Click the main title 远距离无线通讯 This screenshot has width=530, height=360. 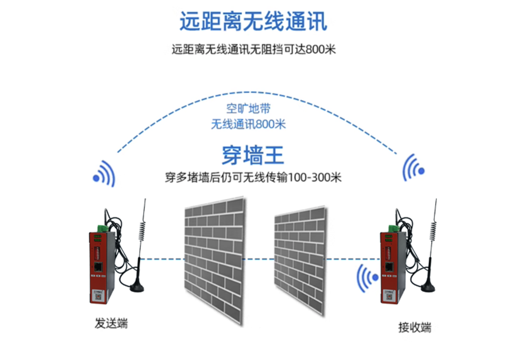coord(253,21)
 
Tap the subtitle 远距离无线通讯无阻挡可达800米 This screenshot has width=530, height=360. coord(253,49)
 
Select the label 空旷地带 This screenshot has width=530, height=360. coord(249,109)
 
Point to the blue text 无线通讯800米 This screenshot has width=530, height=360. coord(249,124)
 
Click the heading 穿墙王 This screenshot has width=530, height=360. coord(253,155)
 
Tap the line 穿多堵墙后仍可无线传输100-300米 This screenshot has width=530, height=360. coord(253,177)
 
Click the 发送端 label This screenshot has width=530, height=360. coord(111,323)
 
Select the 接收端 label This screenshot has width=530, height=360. coord(415,327)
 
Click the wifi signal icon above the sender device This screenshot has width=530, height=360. coord(104,174)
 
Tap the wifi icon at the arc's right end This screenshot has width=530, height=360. coord(413,168)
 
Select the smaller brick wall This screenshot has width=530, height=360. coord(300,260)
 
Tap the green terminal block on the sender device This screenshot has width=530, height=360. coord(103,228)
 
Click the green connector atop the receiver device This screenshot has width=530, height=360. coord(394,228)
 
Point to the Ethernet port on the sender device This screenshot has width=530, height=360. coord(98,267)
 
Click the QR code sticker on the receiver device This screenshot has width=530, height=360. coord(389,296)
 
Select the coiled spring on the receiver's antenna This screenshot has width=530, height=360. coord(433,231)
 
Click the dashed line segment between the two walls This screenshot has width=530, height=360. coord(259,259)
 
